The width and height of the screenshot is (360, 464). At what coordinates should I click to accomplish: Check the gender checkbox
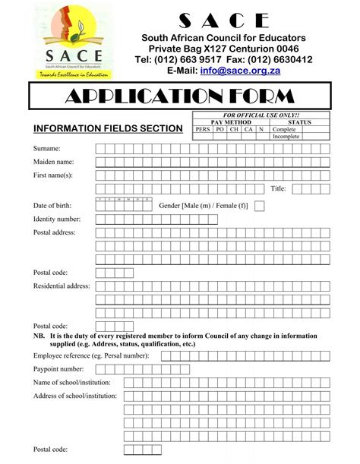click(260, 205)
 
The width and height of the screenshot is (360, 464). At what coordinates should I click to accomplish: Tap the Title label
click(278, 189)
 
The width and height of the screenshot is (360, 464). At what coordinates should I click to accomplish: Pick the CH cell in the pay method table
click(233, 129)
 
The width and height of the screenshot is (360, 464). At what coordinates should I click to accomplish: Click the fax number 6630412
click(286, 59)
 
